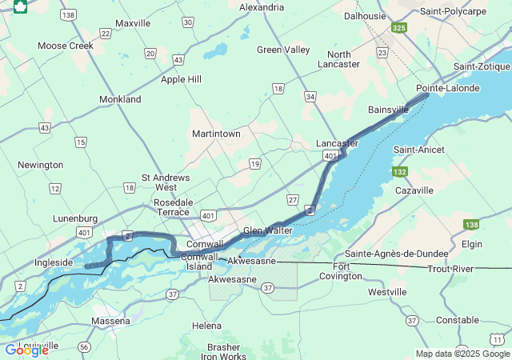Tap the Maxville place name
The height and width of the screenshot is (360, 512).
(x=133, y=23)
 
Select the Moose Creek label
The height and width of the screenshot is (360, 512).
(x=66, y=46)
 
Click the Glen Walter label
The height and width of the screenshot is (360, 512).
(x=268, y=230)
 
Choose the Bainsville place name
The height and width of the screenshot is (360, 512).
(x=388, y=109)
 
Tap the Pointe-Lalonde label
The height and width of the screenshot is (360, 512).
(x=448, y=88)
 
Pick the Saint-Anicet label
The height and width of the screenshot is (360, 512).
(x=420, y=150)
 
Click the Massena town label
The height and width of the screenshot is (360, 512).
(x=110, y=321)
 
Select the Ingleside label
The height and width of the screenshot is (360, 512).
(x=54, y=262)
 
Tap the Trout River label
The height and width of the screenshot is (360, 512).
(x=451, y=270)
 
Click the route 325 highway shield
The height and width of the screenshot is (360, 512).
(x=399, y=28)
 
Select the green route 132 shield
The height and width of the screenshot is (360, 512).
(x=400, y=172)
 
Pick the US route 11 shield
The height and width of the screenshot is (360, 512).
(x=498, y=340)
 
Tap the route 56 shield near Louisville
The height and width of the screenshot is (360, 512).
(x=84, y=346)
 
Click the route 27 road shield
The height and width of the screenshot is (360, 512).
(x=293, y=199)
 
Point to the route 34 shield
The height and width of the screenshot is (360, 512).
(x=310, y=96)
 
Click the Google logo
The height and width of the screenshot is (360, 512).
(x=26, y=350)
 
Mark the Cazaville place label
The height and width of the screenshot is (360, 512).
(x=414, y=190)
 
